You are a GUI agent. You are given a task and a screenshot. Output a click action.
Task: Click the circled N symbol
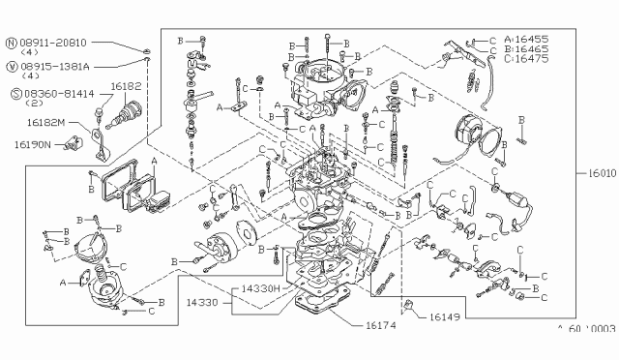point(12,44)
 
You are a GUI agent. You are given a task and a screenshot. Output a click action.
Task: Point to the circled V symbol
point(12,66)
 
